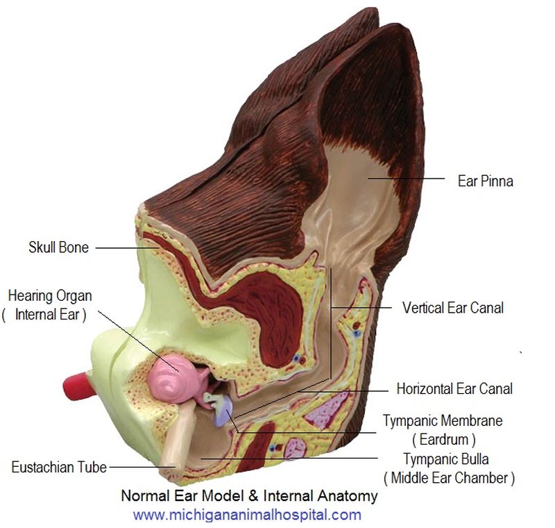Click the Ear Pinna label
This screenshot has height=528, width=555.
point(485,181)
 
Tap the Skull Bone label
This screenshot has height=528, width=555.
point(58,247)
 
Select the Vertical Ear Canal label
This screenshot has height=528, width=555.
point(452,306)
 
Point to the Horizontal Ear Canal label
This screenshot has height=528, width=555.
point(454,388)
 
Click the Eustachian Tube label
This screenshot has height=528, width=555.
point(59,467)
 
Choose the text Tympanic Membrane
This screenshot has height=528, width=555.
point(443,421)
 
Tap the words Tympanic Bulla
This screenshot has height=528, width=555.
point(445,459)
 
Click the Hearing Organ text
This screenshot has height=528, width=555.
point(50,296)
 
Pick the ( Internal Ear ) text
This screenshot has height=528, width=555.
point(44,314)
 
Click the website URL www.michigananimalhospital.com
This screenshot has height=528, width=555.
point(247,515)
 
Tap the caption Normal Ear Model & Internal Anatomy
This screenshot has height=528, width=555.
point(249,496)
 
